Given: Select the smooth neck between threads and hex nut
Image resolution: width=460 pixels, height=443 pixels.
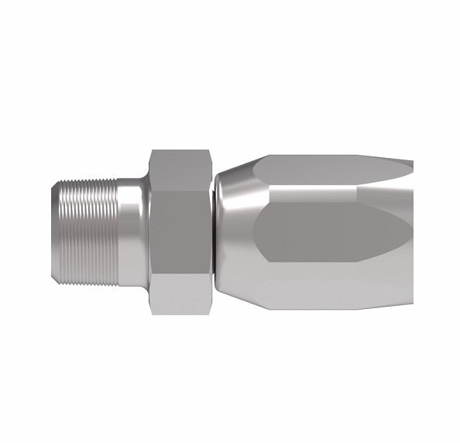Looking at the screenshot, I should (x=132, y=232).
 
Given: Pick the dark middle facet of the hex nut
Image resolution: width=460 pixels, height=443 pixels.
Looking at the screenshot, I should (x=180, y=232).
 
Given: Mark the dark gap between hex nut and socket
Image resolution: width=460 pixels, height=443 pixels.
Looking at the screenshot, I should (x=213, y=232).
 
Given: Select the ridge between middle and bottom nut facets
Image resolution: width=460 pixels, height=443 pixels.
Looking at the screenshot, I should (x=180, y=275).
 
